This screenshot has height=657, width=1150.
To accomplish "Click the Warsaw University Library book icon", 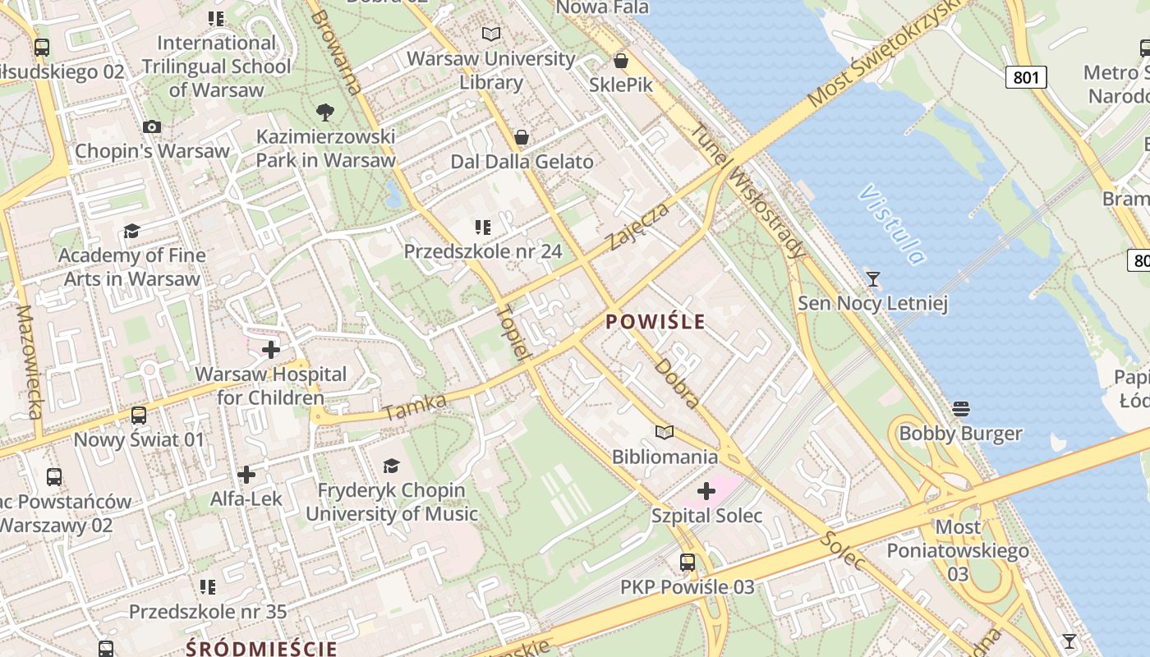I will point(491,34).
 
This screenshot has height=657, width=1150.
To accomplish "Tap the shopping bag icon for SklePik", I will point(621,61).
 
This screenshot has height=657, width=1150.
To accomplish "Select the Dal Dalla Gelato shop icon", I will point(521,137).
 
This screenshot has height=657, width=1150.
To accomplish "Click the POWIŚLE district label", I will point(655,321).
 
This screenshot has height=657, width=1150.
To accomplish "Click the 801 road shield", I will point(1026,78).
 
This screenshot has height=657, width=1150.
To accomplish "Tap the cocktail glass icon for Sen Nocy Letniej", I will point(873,279).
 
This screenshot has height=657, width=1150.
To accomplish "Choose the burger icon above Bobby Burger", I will point(961,408).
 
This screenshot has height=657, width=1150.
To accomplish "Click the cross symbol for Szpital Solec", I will point(706,492).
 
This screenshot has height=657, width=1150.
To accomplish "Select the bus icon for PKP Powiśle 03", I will point(688,563).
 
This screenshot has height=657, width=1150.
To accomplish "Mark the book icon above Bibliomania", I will point(665,432).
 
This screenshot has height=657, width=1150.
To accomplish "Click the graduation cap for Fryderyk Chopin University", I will point(391,466).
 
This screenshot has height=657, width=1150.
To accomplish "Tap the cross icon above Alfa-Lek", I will point(246,475).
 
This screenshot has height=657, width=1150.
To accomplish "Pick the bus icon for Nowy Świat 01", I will point(139,416).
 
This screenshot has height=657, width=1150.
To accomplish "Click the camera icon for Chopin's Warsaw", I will point(152,126).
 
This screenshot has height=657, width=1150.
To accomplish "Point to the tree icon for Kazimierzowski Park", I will point(325,112).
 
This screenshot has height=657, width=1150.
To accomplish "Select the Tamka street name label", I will point(415,406).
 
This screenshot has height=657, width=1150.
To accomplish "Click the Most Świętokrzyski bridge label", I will point(884,54).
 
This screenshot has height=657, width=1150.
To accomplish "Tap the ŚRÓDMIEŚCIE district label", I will point(261,648).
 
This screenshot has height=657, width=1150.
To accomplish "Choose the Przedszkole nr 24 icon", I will point(483,227).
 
